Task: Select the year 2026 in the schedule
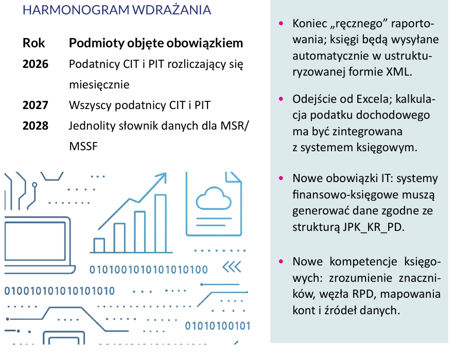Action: (x=35, y=64)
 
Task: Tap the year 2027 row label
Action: (x=35, y=105)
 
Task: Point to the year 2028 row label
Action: (x=35, y=126)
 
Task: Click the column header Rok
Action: (x=34, y=43)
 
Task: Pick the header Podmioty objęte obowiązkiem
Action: (x=155, y=44)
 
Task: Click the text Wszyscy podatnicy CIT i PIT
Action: (x=140, y=105)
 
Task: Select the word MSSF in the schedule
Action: (x=83, y=147)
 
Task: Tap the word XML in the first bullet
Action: (x=398, y=71)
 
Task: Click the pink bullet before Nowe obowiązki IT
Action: (x=281, y=178)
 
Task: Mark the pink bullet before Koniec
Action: (x=281, y=24)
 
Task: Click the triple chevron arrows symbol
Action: (x=232, y=267)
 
